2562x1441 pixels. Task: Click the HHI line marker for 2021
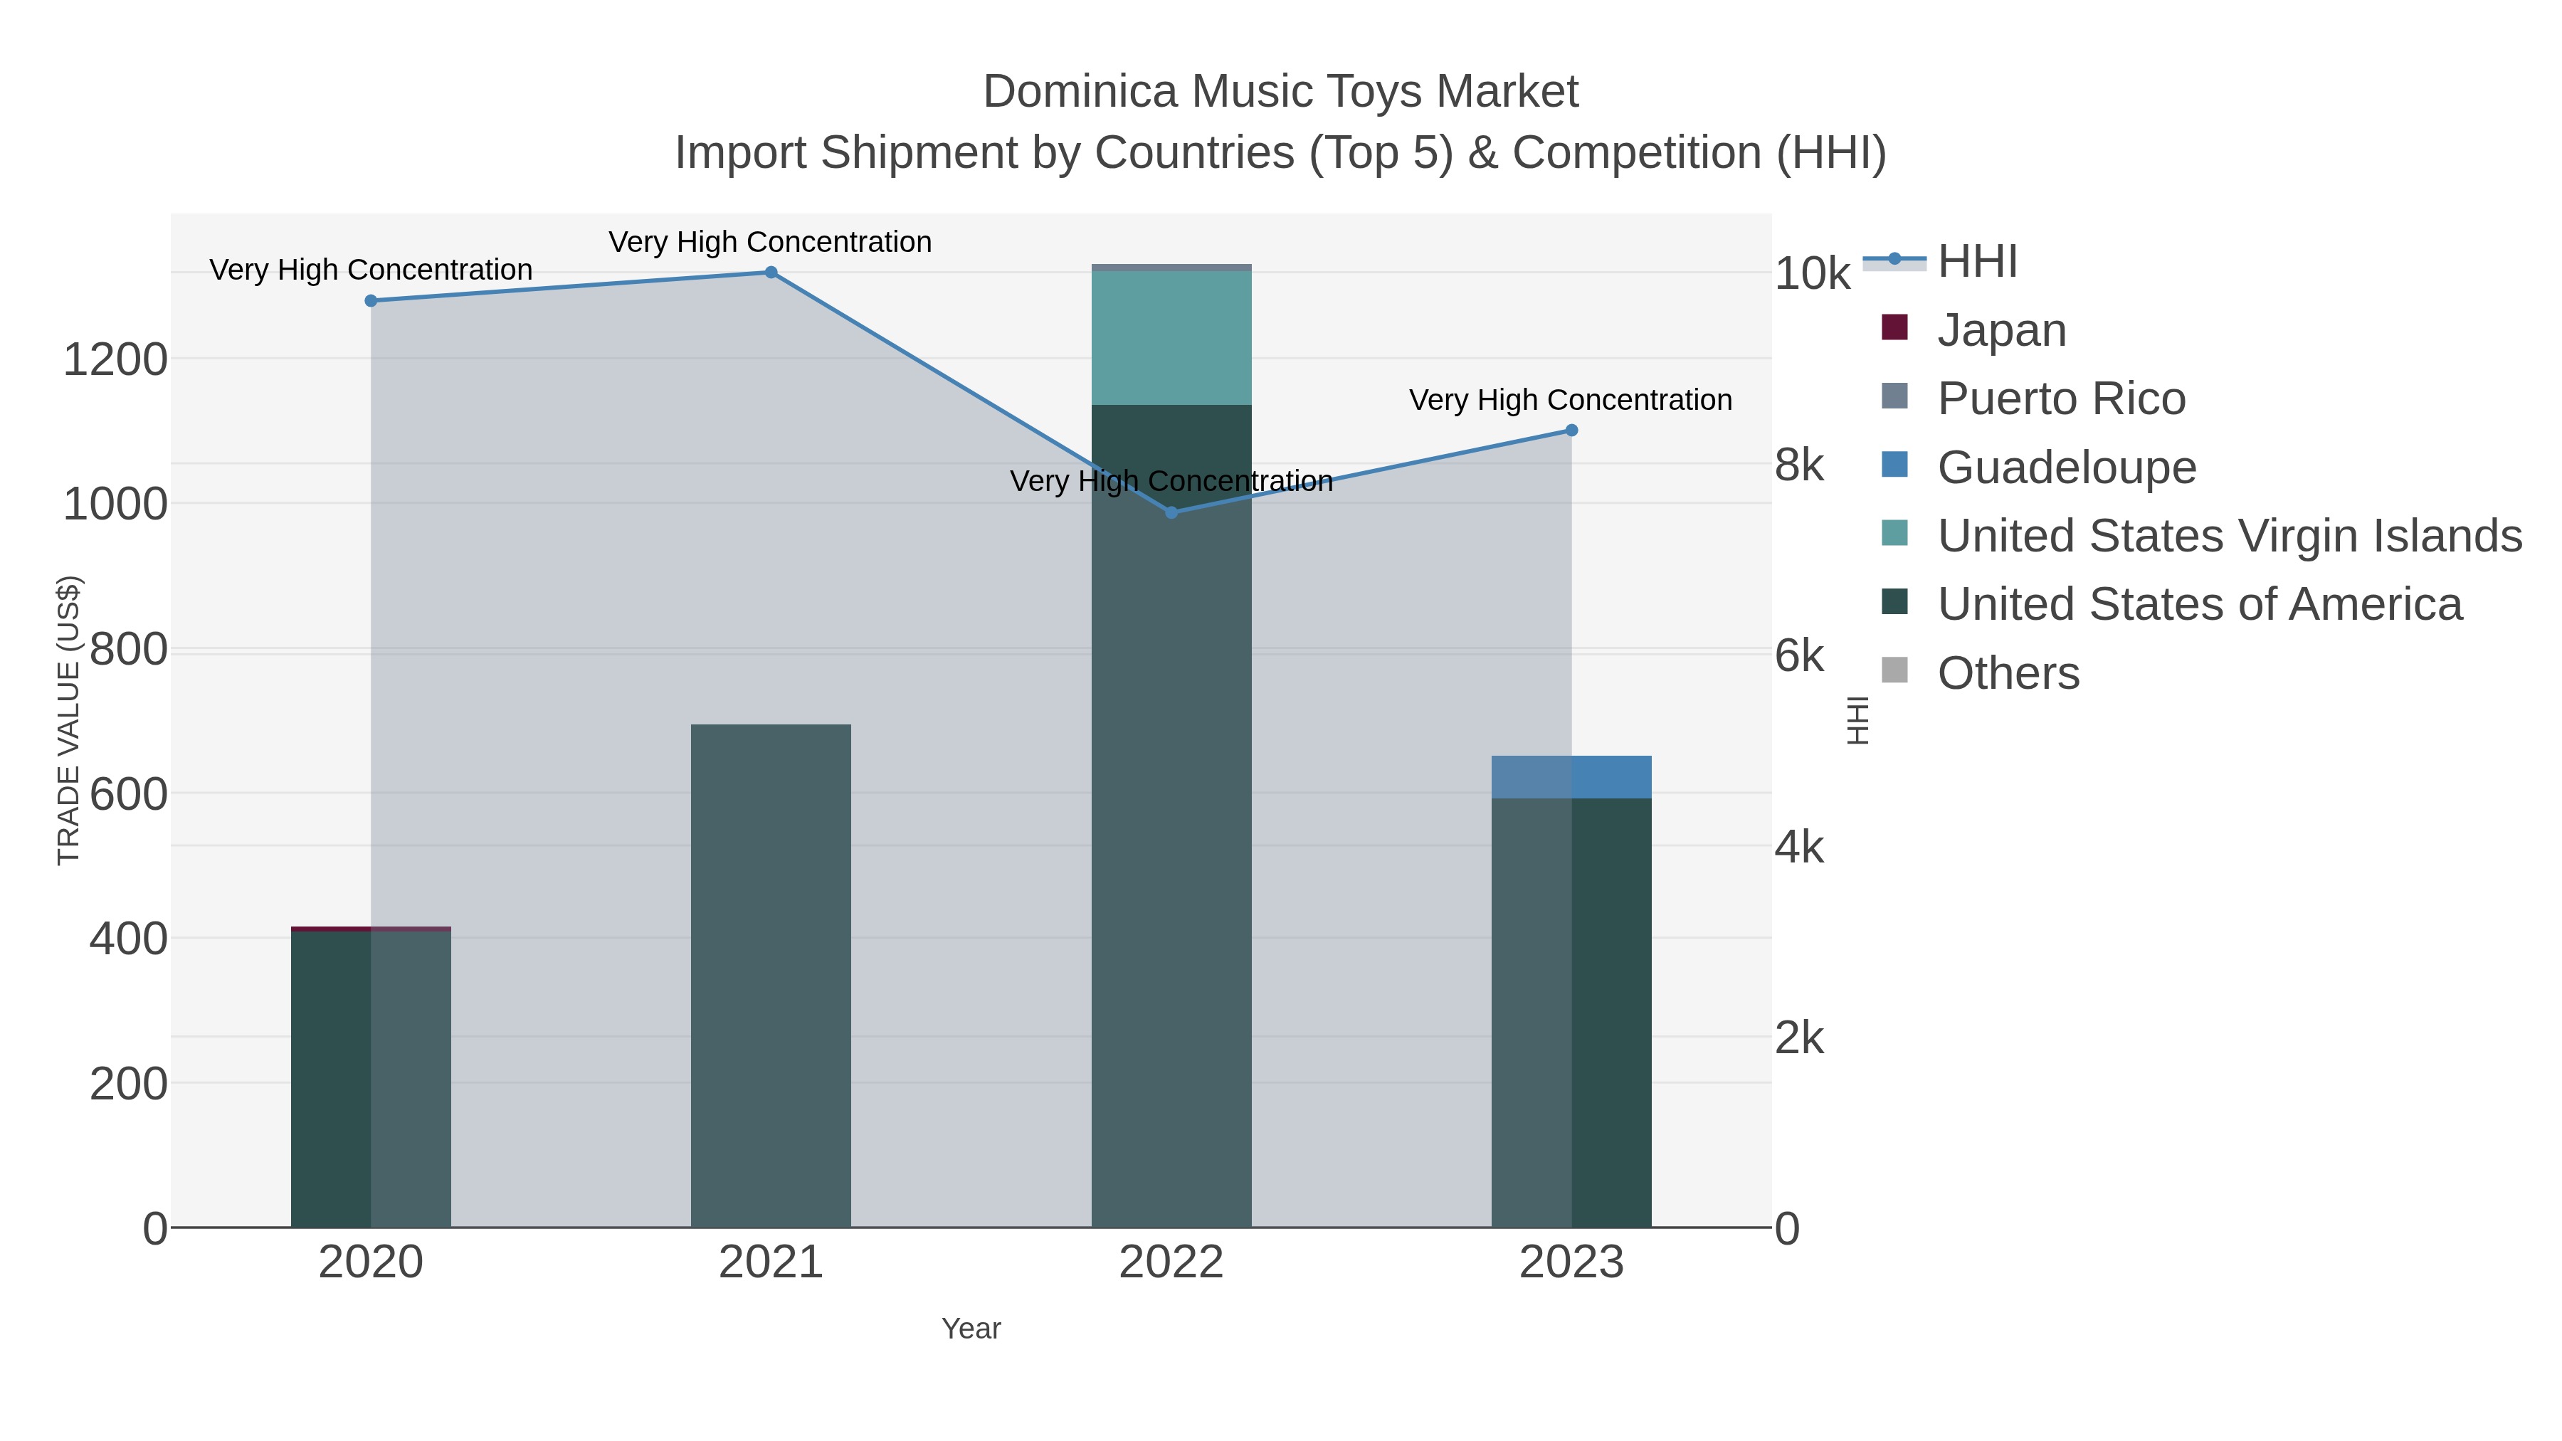point(771,273)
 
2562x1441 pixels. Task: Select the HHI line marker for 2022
point(1171,512)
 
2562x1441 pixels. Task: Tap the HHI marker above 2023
point(1571,431)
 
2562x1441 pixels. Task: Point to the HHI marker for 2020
point(371,300)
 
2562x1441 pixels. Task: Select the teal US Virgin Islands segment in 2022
point(1171,338)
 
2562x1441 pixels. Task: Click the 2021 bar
point(771,975)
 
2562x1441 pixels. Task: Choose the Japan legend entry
point(2001,329)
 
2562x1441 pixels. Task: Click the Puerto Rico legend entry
point(2061,398)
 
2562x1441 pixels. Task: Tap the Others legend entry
point(2008,672)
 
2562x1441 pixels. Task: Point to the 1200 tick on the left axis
point(115,359)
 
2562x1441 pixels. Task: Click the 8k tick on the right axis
point(1798,465)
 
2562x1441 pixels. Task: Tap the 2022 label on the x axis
point(1171,1262)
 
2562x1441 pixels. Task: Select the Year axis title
point(971,1328)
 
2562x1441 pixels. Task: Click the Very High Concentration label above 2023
point(1571,400)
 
